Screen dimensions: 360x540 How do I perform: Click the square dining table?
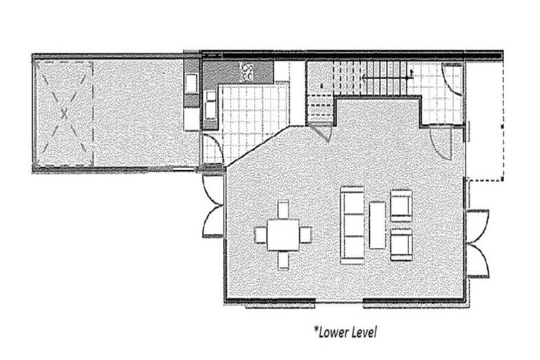pyautogui.click(x=283, y=234)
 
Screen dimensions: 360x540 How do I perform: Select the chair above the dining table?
pyautogui.click(x=283, y=210)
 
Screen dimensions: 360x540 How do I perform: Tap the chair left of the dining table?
pyautogui.click(x=259, y=234)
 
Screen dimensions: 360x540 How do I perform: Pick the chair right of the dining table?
pyautogui.click(x=306, y=234)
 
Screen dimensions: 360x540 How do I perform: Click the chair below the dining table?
pyautogui.click(x=283, y=259)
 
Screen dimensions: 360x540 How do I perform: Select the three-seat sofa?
pyautogui.click(x=352, y=224)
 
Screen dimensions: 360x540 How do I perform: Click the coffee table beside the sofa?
pyautogui.click(x=378, y=225)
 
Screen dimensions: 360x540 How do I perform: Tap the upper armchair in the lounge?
pyautogui.click(x=401, y=205)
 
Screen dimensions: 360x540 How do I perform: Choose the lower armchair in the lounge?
pyautogui.click(x=401, y=243)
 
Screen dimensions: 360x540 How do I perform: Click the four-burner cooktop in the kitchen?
pyautogui.click(x=248, y=70)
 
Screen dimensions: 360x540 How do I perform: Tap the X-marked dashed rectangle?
pyautogui.click(x=65, y=112)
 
